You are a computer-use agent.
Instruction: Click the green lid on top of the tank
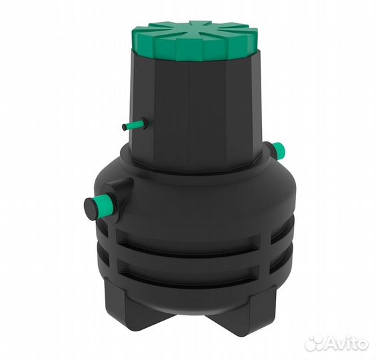(x=195, y=43)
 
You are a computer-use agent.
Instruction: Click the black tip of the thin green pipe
(x=124, y=127)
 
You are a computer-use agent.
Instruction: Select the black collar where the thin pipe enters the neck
(x=144, y=122)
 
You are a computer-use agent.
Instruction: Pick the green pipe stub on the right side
(x=279, y=150)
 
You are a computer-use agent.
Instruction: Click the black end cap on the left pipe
(x=90, y=209)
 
